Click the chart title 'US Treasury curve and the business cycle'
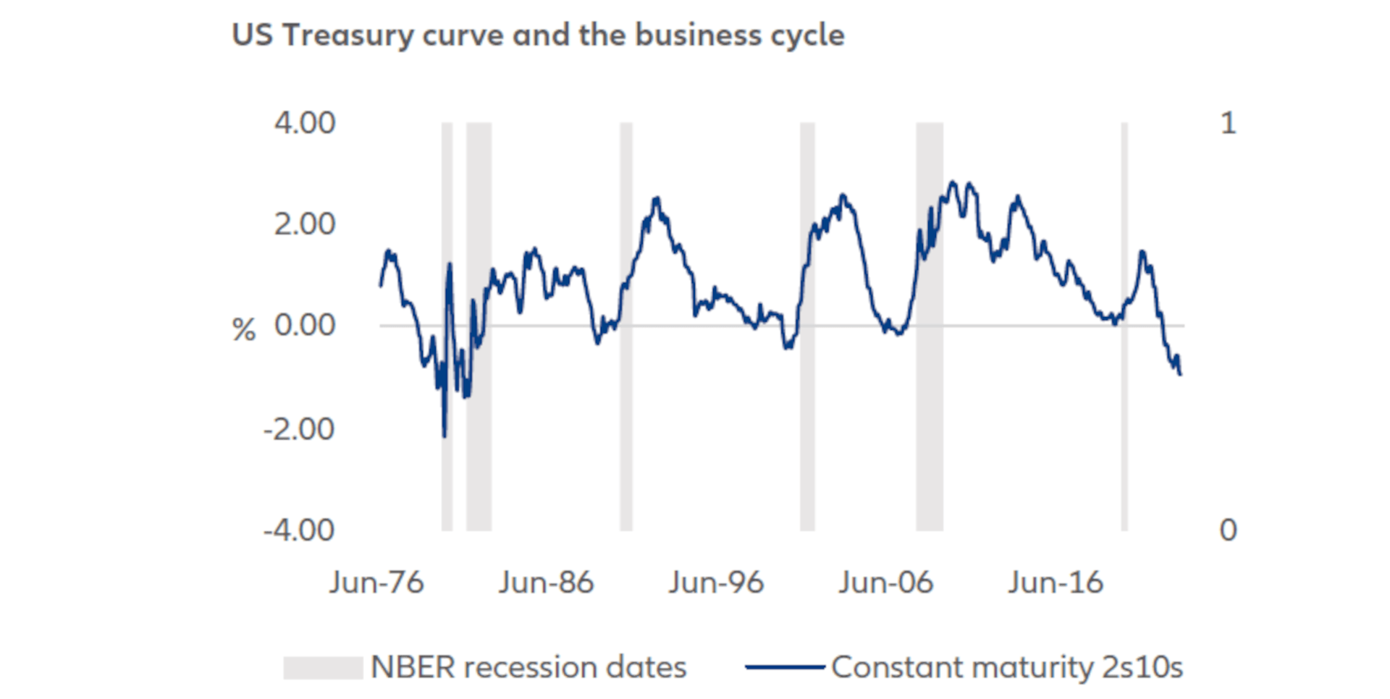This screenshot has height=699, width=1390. coord(538,35)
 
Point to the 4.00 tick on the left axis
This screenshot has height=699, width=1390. coord(305,124)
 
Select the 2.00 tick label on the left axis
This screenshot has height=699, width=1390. coord(305,225)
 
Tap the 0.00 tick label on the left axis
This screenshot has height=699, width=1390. coord(305,326)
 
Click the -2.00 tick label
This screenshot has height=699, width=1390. coord(299,430)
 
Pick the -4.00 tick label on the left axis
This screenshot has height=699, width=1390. coord(299,531)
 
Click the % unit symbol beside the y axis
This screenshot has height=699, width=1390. coord(244,331)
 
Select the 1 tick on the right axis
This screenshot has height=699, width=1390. coord(1228,124)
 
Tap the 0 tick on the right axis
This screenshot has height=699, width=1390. coord(1228,531)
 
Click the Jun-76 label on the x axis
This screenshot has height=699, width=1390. coord(376,583)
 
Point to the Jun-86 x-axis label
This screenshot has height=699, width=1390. coord(546,583)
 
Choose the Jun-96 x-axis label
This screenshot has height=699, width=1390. coord(716,583)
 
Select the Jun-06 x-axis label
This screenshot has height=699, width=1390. coord(886,583)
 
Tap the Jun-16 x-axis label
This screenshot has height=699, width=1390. coord(1056,583)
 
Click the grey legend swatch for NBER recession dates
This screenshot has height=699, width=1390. coord(323,668)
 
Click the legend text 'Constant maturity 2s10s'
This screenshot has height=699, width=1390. coord(1007,668)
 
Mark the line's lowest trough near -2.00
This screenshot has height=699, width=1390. coord(444,435)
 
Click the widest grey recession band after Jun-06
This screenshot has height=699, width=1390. coord(930,434)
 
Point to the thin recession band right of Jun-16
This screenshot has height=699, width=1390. coord(1124,434)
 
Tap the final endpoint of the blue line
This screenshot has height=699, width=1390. coord(1181,374)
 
